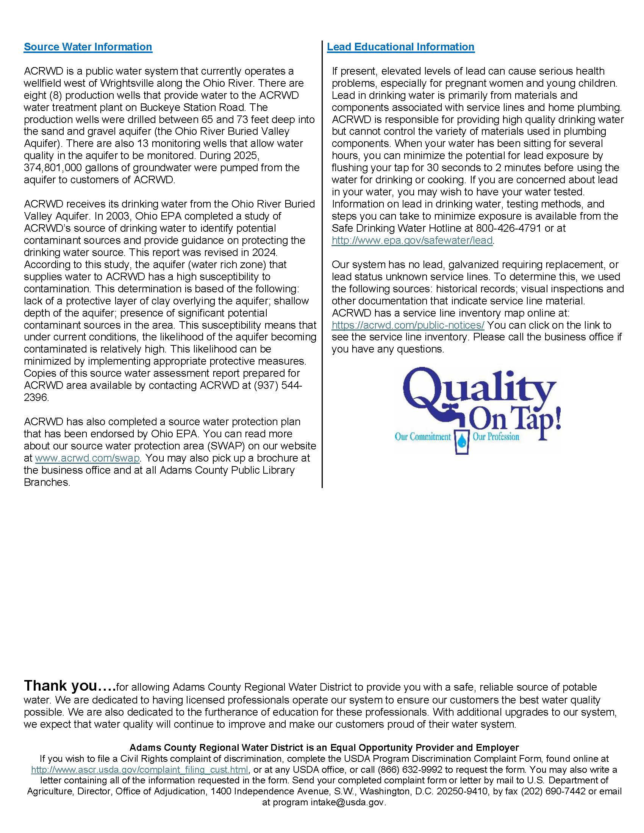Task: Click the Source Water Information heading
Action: click(x=88, y=47)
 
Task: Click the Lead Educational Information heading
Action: click(x=400, y=47)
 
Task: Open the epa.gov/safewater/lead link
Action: click(x=412, y=241)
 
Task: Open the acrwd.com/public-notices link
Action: click(x=408, y=325)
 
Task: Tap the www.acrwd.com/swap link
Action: click(x=87, y=458)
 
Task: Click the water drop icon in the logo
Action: click(x=462, y=440)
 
